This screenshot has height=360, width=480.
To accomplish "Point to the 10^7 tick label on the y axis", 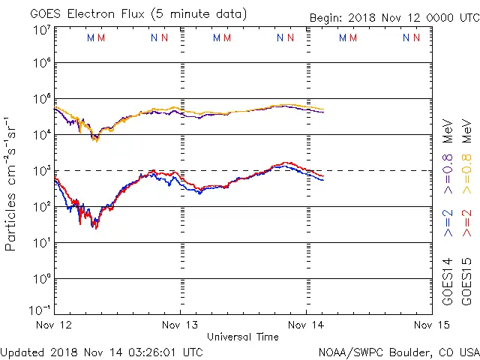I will tap(41, 30).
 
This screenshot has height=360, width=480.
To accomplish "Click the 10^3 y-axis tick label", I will tap(41, 171).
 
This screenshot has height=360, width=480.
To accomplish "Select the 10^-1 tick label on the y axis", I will tap(41, 309).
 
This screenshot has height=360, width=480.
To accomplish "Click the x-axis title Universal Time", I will tap(243, 337).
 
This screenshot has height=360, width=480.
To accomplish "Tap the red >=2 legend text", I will tap(466, 223).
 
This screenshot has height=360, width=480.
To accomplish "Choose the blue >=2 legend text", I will tap(448, 223).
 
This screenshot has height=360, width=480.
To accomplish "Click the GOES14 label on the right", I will tap(448, 281).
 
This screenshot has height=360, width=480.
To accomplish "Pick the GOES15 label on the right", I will tap(466, 281).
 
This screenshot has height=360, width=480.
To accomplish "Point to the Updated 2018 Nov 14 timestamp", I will tap(101, 351).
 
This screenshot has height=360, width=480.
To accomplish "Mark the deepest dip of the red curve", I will tap(95, 227).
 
